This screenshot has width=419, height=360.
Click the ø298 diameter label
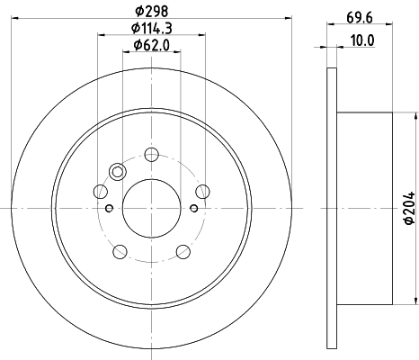(152, 12)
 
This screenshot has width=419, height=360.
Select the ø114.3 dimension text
(152, 29)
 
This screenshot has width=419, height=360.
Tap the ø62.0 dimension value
(152, 45)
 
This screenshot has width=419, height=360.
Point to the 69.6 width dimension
(360, 18)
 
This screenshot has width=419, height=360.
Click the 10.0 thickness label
(362, 40)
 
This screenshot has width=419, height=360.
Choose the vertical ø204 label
(409, 208)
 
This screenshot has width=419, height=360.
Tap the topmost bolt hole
(151, 155)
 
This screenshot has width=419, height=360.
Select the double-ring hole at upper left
(118, 172)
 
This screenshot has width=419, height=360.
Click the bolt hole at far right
(202, 192)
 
